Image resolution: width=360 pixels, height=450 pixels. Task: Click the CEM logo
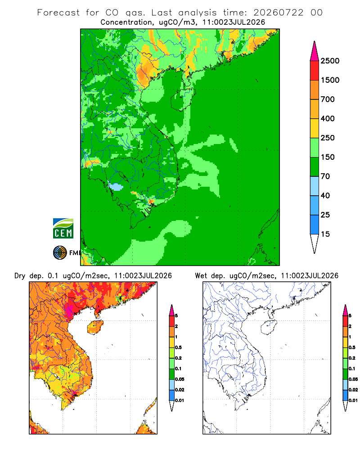point(63,229)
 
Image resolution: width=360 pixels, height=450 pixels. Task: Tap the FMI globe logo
point(60,253)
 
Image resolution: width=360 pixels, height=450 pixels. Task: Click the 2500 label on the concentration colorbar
point(330,61)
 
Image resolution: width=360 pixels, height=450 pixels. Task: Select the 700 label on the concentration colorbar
point(328,99)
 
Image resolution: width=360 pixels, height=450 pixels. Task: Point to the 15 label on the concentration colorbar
point(325,234)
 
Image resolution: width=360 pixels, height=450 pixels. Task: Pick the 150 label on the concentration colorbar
point(328,157)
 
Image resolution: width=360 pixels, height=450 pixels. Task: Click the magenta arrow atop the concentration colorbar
point(315,52)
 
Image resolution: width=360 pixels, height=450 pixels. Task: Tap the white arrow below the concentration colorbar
point(315,243)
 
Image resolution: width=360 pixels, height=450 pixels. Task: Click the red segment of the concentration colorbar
point(315,71)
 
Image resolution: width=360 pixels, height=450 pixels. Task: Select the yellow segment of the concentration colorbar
point(315,128)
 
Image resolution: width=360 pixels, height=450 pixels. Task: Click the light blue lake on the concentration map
point(116,187)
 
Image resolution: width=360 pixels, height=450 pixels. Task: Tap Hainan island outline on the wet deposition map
point(268,327)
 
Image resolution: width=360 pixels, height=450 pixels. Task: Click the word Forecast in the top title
point(58,13)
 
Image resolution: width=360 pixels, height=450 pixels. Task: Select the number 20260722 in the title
point(278,13)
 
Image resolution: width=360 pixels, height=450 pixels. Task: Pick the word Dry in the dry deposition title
point(20,276)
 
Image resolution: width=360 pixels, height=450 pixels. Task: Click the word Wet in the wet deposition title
point(201,276)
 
